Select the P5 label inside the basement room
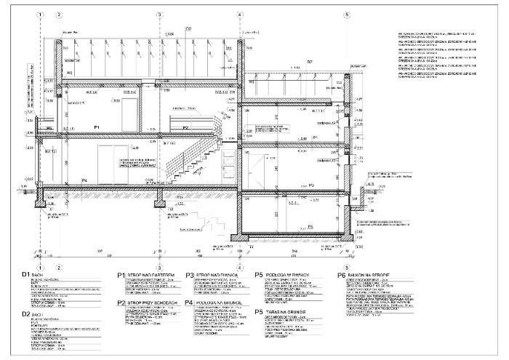coord(311,228)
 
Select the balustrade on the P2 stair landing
coord(182,118)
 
